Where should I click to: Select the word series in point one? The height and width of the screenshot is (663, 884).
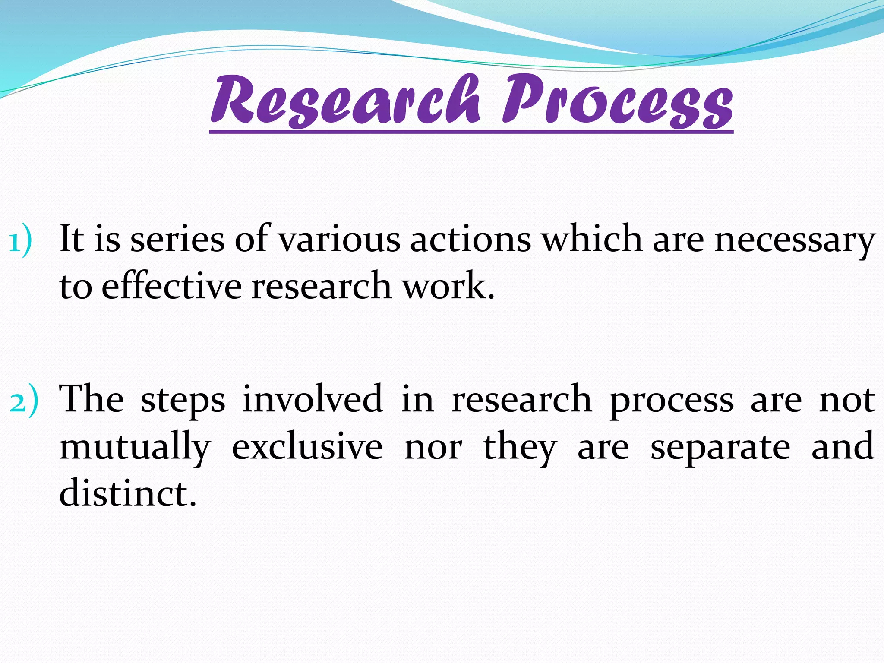click(177, 240)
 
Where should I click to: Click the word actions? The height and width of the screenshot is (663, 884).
click(470, 240)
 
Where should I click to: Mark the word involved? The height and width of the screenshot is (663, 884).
click(313, 399)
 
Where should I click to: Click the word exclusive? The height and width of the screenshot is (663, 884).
click(307, 447)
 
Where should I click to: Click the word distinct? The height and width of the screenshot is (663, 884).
click(128, 493)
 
